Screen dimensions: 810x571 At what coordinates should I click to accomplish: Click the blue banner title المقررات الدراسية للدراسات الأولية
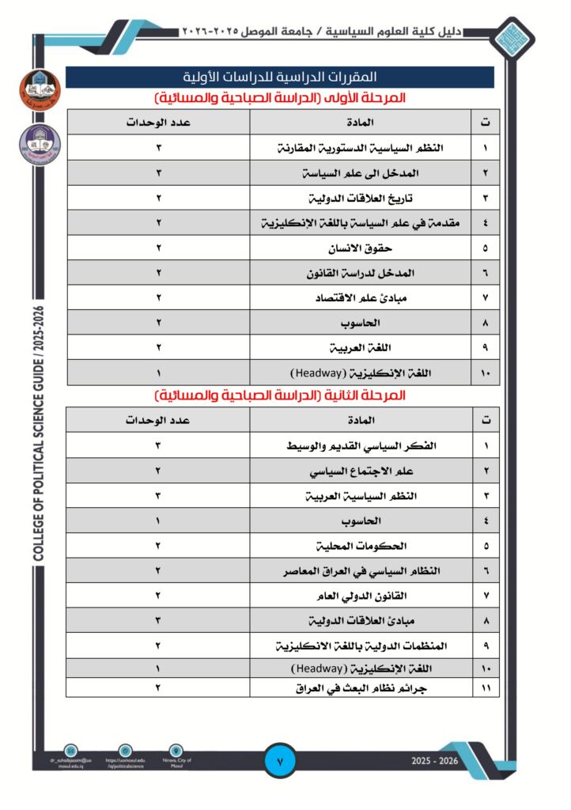point(280,78)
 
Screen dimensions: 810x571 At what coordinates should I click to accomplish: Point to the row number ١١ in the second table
point(485,688)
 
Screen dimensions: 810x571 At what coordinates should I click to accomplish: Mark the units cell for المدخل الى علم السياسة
point(158,173)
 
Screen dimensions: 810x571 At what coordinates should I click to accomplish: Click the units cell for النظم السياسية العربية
point(158,496)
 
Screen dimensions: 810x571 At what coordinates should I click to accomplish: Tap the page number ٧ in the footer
point(281,762)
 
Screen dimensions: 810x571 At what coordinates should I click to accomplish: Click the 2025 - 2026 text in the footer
point(434,761)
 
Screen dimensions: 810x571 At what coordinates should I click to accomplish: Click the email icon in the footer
point(71,750)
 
